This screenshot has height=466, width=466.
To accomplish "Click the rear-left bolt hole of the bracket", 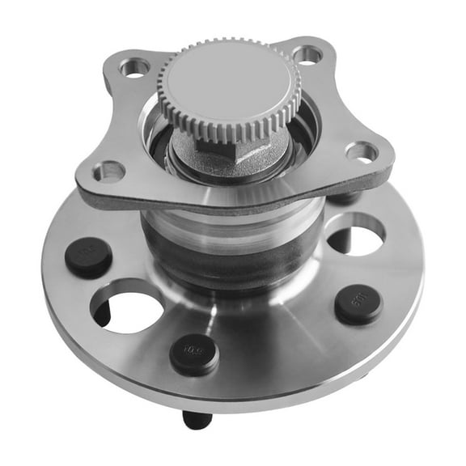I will pos(136,67).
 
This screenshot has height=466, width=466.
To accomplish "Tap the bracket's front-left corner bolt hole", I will pos(108,172).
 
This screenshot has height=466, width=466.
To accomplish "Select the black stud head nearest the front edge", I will pos(194,353).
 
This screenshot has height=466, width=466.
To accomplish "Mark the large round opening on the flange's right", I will pos(357,236).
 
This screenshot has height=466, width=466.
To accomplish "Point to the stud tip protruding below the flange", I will pos(196,420).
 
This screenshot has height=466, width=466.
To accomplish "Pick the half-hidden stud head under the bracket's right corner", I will pos(344,197).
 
